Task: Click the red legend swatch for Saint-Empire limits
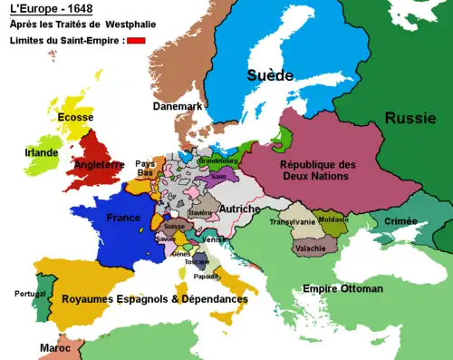pos(136,40)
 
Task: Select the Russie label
pos(410,118)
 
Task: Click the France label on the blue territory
pos(123,218)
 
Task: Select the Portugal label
pos(29,294)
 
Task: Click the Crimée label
pos(400,221)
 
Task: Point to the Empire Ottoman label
pos(342,288)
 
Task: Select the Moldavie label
pos(333,220)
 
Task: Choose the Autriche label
pos(242,209)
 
